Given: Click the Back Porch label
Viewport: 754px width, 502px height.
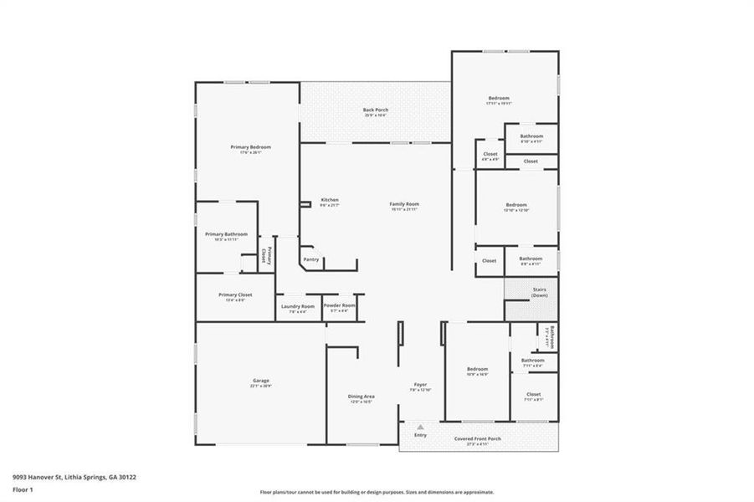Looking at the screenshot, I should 376,110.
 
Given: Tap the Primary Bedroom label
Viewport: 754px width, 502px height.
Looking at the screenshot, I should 250,147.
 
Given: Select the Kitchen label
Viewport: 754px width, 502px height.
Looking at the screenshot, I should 330,200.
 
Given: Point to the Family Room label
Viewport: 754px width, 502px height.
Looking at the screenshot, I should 403,204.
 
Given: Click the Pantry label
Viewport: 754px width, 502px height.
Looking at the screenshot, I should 310,259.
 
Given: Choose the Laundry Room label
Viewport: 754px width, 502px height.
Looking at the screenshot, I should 297,306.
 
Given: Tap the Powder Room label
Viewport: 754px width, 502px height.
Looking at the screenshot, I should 339,306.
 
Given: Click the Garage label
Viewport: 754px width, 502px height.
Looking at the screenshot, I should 261,381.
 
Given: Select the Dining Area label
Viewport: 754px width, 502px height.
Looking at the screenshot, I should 361,397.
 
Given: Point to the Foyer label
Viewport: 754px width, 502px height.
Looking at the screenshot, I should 419,385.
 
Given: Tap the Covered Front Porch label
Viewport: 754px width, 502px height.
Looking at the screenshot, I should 478,438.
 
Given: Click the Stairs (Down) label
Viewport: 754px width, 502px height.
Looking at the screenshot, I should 539,292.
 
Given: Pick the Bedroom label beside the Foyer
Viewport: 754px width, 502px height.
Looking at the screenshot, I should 477,369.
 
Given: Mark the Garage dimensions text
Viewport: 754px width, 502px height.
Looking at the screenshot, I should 261,387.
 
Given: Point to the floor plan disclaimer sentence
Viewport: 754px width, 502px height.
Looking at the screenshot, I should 377,492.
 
